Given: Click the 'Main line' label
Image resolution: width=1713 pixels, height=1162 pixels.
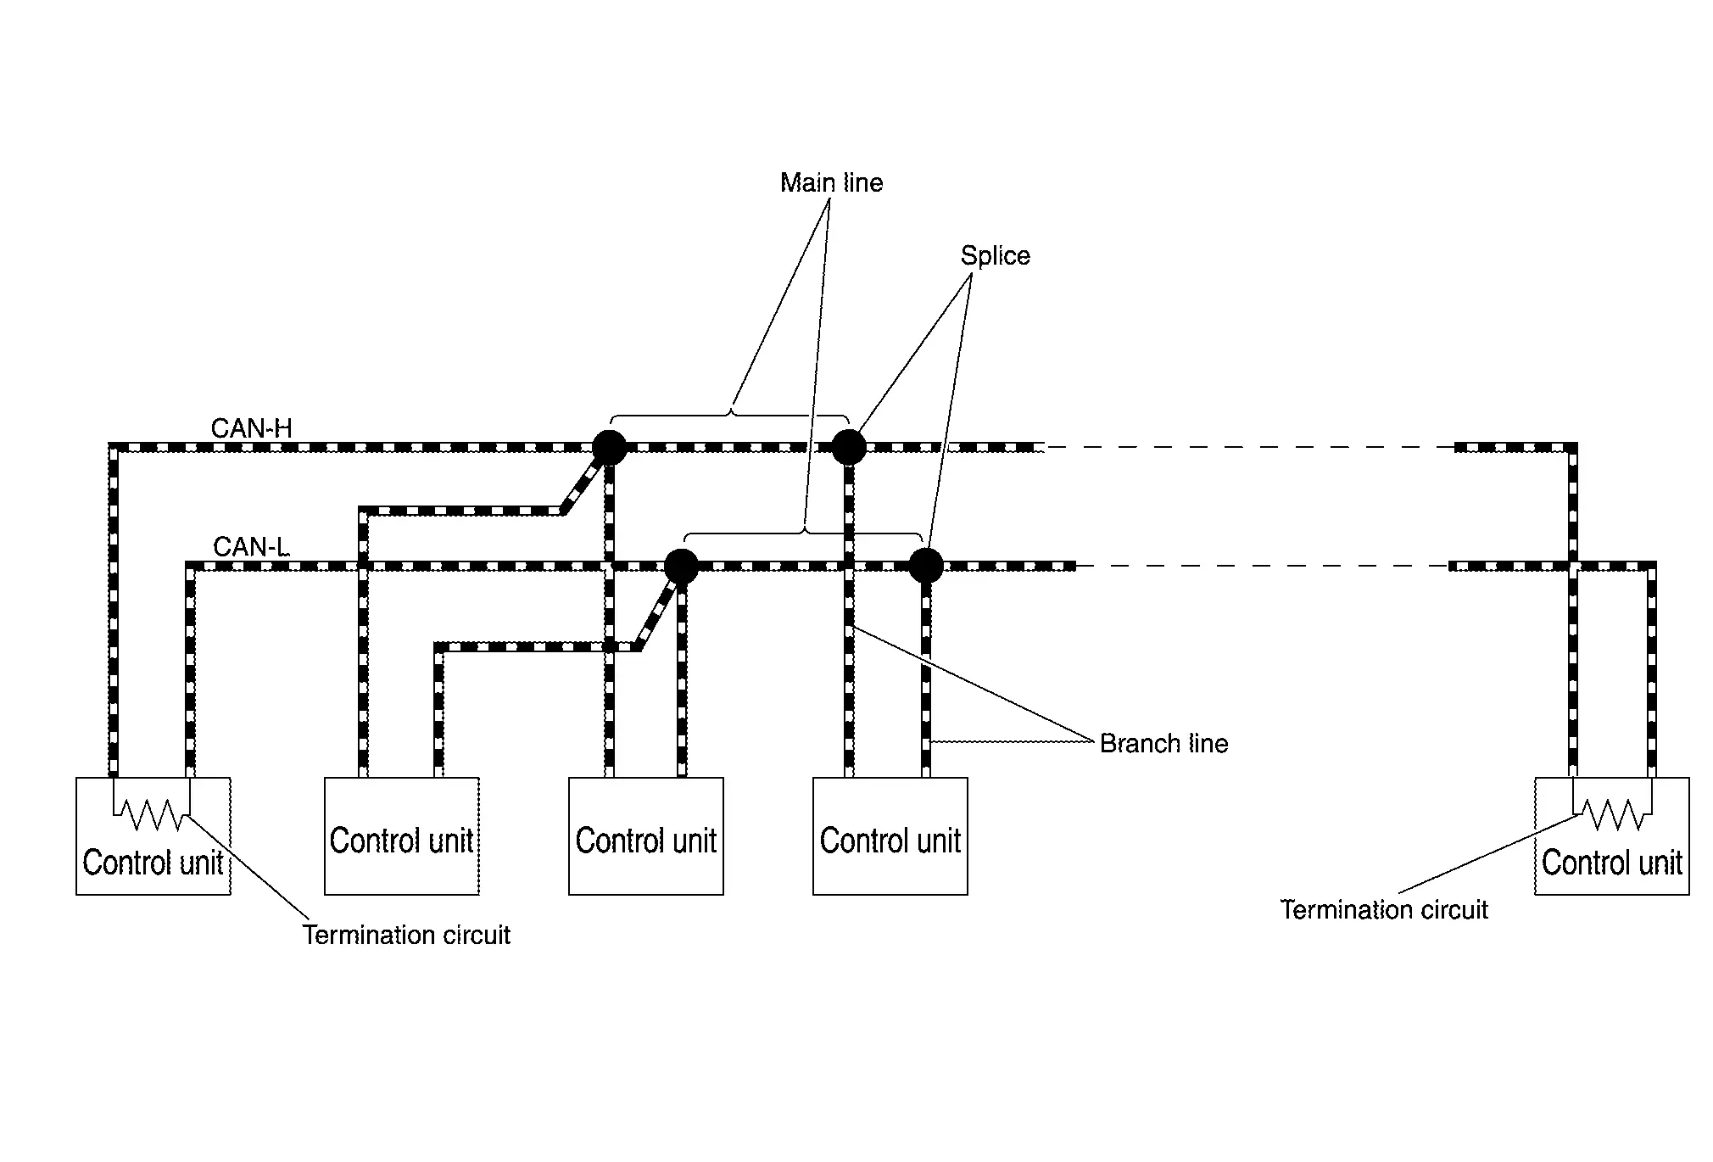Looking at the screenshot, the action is pos(831,182).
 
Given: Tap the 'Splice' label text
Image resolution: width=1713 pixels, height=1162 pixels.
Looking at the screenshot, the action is pos(995,255).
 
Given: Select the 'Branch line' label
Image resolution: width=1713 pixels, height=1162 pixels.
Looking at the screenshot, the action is pos(1163,744).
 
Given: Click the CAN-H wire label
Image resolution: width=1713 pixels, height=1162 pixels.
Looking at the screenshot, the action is pos(251,428).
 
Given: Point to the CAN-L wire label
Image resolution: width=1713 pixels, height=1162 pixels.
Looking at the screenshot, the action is pos(251,547).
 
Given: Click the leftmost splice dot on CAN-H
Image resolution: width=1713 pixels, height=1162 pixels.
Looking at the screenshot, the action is pos(609,447).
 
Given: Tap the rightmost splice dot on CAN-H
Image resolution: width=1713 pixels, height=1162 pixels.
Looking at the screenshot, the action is pos(848,447).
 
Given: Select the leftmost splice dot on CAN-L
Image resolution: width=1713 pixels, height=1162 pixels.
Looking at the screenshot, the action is pos(680,566).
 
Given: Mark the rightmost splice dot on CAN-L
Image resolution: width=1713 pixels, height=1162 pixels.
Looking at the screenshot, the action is pos(925,566).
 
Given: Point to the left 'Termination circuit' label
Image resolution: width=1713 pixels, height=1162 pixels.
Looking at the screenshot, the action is pos(406,935).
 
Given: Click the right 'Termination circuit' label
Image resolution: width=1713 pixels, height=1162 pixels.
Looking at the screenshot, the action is pos(1384,910).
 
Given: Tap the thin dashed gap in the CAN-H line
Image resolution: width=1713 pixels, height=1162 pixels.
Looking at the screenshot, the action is pos(1249,447).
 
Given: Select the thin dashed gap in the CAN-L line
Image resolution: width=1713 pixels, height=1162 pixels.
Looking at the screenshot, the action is pos(1263,566).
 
